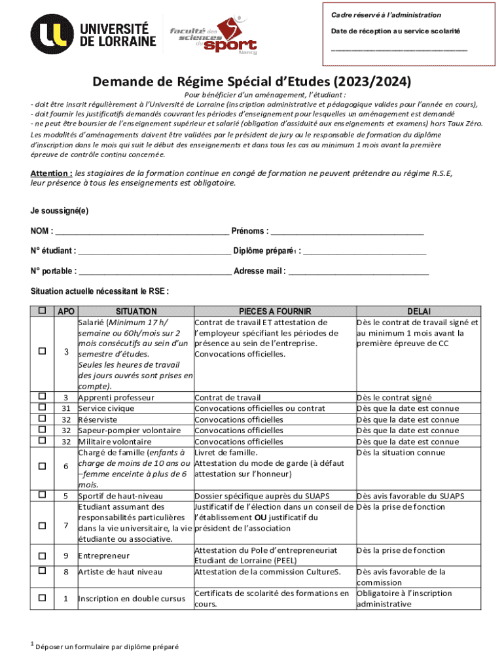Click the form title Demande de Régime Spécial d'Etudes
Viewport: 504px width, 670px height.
click(252, 82)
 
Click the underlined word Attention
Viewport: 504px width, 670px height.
click(51, 173)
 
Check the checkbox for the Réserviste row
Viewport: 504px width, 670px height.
click(43, 419)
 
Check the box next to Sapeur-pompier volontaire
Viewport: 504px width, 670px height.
click(43, 430)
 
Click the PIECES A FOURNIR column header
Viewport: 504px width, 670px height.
click(274, 311)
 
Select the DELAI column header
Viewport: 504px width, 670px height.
click(419, 311)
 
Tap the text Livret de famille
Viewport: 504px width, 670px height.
click(226, 453)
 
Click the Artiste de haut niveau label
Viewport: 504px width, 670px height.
click(120, 572)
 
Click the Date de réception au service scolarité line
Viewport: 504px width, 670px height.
click(399, 49)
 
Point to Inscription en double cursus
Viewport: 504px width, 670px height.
click(132, 599)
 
